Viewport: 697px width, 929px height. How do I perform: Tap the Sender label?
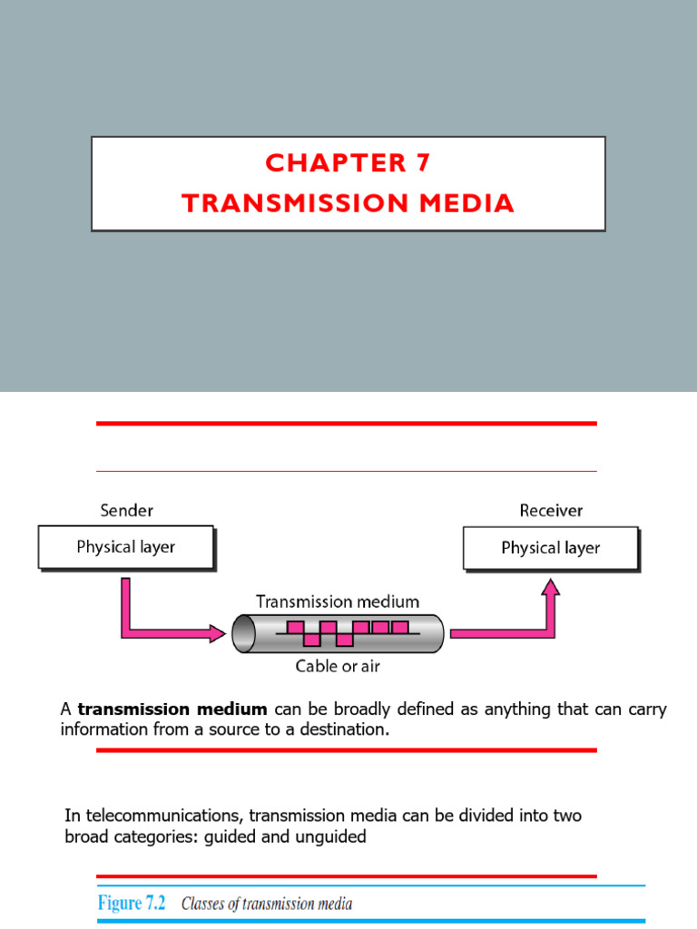tap(126, 511)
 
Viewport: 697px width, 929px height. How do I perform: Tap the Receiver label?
tap(551, 511)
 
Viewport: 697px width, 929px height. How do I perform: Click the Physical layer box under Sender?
tap(126, 547)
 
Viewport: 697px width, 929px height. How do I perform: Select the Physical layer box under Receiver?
tap(551, 548)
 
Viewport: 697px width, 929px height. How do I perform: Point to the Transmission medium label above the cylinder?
tap(338, 601)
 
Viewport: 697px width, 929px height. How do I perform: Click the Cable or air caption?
tap(338, 666)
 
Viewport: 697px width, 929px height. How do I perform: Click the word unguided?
tap(330, 836)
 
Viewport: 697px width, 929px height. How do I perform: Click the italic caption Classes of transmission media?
tap(267, 904)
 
